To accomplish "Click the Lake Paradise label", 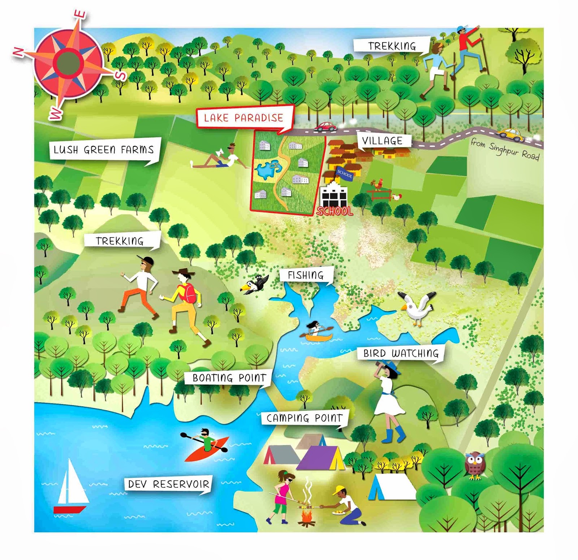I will tap(243, 118).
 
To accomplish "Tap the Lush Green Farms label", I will tap(104, 149).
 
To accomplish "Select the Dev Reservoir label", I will tap(168, 484).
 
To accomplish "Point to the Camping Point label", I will tap(304, 418).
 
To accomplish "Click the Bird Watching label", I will tap(401, 353).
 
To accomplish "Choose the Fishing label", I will tap(306, 275).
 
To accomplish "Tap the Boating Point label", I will tap(229, 378).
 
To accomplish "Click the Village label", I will tap(382, 140).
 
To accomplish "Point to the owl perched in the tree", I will tap(474, 464).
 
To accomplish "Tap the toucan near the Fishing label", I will tap(254, 284).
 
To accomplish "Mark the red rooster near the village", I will tap(378, 184).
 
